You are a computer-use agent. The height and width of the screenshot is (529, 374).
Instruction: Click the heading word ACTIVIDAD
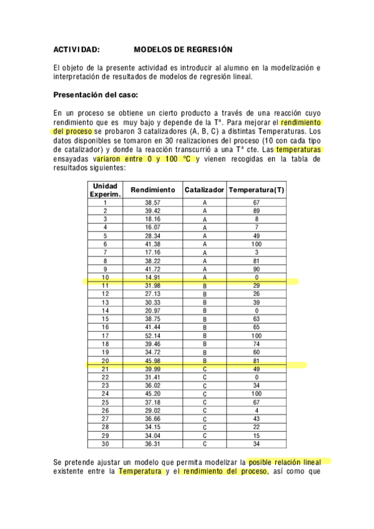77,48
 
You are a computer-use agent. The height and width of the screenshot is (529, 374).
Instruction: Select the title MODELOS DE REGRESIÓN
183,48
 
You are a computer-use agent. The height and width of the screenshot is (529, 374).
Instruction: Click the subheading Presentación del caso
96,95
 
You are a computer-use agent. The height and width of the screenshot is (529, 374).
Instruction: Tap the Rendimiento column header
153,190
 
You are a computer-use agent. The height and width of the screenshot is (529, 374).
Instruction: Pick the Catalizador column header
204,190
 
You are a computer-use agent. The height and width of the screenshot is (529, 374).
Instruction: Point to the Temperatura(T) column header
256,190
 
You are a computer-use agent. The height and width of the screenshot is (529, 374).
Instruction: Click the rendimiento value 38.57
153,203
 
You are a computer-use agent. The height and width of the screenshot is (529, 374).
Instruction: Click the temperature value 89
256,211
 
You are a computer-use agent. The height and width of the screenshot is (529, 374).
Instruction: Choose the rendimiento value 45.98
153,360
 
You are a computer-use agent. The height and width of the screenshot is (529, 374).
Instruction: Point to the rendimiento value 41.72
153,269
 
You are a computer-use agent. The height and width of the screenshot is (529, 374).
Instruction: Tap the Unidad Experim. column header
105,190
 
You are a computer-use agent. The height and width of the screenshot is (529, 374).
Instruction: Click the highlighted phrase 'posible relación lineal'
288,462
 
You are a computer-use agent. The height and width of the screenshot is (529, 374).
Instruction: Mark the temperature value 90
256,269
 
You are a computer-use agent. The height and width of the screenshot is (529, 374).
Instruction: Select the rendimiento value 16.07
153,228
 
